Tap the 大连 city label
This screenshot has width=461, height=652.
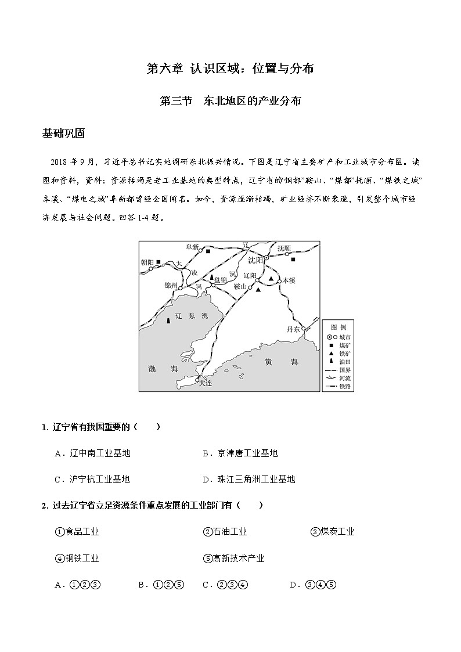click(205, 383)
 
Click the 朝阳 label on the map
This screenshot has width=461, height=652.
click(148, 262)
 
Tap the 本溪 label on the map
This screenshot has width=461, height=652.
click(289, 280)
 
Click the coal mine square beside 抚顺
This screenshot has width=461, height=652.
click(293, 260)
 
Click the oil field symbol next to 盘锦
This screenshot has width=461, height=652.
click(212, 278)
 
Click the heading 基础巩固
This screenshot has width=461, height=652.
click(64, 134)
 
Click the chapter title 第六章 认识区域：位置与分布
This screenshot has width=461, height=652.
click(230, 69)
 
